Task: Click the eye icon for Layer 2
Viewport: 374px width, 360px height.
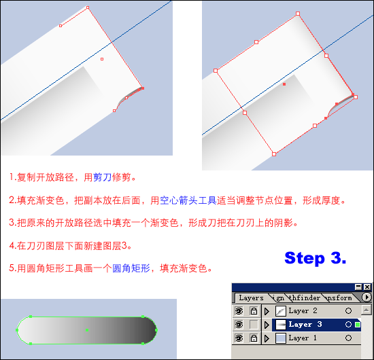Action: [x=239, y=311]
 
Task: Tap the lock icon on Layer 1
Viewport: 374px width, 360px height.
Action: [x=254, y=338]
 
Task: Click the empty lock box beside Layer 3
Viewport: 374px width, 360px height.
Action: [x=254, y=325]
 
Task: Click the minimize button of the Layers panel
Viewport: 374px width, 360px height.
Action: [x=358, y=287]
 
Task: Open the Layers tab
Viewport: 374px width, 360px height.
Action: [x=251, y=298]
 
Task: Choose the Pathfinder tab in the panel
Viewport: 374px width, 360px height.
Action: [x=304, y=298]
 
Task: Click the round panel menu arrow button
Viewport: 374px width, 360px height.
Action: [x=367, y=297]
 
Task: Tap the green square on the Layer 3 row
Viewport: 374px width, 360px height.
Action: [x=357, y=325]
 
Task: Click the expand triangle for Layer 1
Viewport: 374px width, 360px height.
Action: [x=267, y=338]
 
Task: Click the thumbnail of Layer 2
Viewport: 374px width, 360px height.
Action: [x=280, y=311]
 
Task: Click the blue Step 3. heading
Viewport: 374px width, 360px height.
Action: [x=315, y=258]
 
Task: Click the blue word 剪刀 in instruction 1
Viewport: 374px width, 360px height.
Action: [x=102, y=177]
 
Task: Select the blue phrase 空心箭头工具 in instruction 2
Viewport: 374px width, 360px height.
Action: [x=188, y=200]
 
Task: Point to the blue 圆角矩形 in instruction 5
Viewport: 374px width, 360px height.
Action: [x=131, y=268]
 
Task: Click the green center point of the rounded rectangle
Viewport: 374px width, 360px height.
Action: [x=87, y=330]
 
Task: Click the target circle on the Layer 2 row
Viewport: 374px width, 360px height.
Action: [x=348, y=311]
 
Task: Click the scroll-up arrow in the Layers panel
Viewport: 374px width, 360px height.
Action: [x=366, y=310]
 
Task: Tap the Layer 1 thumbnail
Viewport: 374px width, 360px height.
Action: [x=280, y=338]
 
